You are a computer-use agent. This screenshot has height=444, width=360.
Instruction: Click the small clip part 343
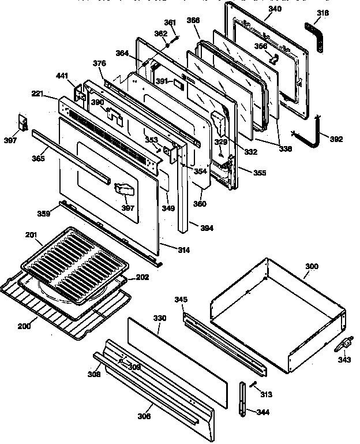click(x=342, y=345)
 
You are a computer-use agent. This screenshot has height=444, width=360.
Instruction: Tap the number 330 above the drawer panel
click(x=159, y=318)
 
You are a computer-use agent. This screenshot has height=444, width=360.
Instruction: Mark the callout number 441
click(x=62, y=76)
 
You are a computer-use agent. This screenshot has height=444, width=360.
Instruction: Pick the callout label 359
click(x=44, y=214)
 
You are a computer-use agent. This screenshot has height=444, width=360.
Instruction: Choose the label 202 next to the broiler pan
click(x=142, y=277)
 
